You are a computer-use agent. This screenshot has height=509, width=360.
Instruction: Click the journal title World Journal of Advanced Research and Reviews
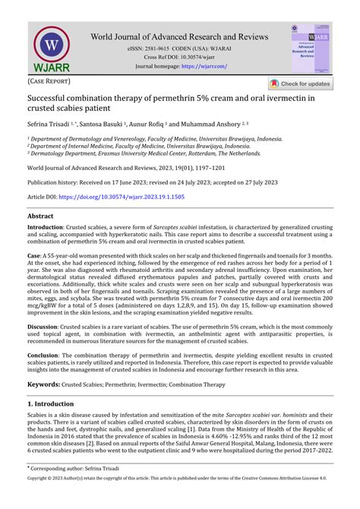(x=179, y=36)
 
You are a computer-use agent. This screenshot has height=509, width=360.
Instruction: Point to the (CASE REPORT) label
(x=49, y=81)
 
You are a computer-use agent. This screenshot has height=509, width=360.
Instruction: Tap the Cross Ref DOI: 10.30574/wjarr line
(x=180, y=58)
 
